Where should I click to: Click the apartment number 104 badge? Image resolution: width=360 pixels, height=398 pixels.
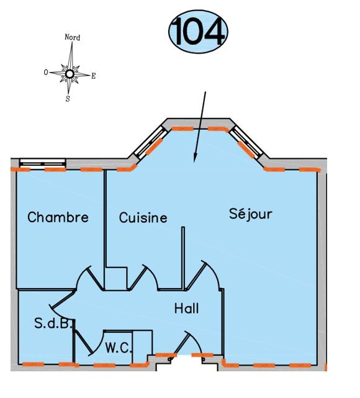click(x=198, y=32)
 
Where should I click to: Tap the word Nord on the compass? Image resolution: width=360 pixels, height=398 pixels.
click(x=72, y=37)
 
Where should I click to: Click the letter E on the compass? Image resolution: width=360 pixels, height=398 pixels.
click(x=93, y=76)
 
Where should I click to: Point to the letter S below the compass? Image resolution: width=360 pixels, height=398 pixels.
click(x=68, y=99)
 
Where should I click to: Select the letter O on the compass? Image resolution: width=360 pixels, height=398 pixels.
click(x=46, y=73)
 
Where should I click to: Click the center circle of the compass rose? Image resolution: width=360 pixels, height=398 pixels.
click(x=70, y=74)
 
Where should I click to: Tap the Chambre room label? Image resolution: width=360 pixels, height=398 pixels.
click(x=58, y=217)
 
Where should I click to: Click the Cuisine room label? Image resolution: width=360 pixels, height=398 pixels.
click(x=143, y=217)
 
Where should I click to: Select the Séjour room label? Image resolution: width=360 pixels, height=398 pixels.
click(x=251, y=214)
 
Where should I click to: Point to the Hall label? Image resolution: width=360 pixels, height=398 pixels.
click(x=186, y=309)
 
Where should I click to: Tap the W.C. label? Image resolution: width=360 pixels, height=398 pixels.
click(x=119, y=348)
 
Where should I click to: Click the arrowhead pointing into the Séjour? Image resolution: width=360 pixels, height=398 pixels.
click(x=195, y=157)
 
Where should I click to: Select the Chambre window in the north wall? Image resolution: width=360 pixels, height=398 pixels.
click(x=43, y=163)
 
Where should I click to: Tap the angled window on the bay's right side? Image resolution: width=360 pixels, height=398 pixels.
click(x=246, y=143)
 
